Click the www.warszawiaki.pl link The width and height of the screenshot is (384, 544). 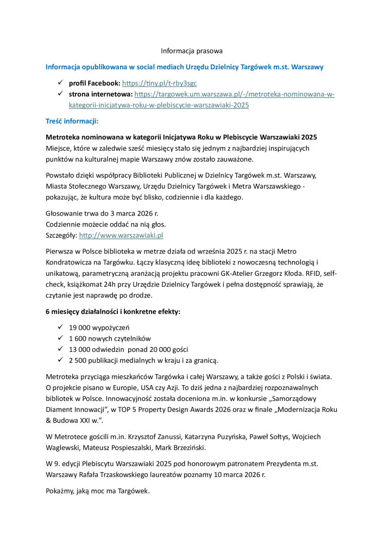[x=121, y=236]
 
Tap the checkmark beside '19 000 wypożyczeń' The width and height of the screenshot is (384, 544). [x=60, y=328]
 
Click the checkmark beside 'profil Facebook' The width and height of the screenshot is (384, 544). [x=60, y=83]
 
